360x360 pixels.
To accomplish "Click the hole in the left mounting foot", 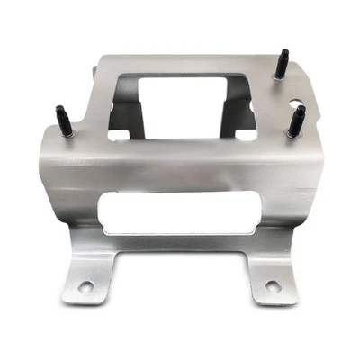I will (x=85, y=287).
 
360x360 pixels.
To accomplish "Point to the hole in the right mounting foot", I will (x=273, y=286).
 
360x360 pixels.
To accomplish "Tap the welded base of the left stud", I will (x=69, y=135).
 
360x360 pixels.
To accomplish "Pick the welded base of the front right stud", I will (x=294, y=135).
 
